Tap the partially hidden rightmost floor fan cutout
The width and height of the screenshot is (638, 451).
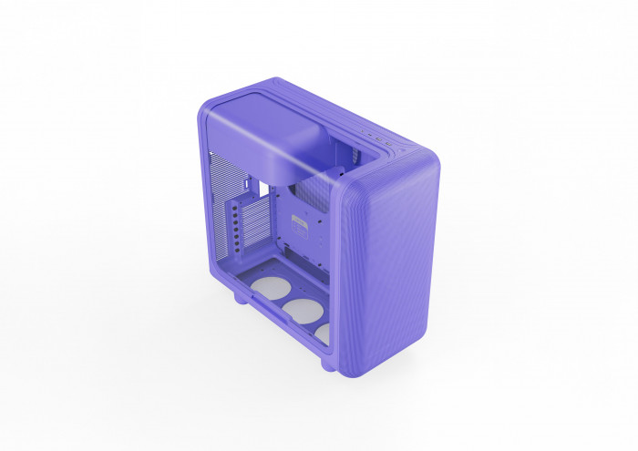[323, 333]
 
